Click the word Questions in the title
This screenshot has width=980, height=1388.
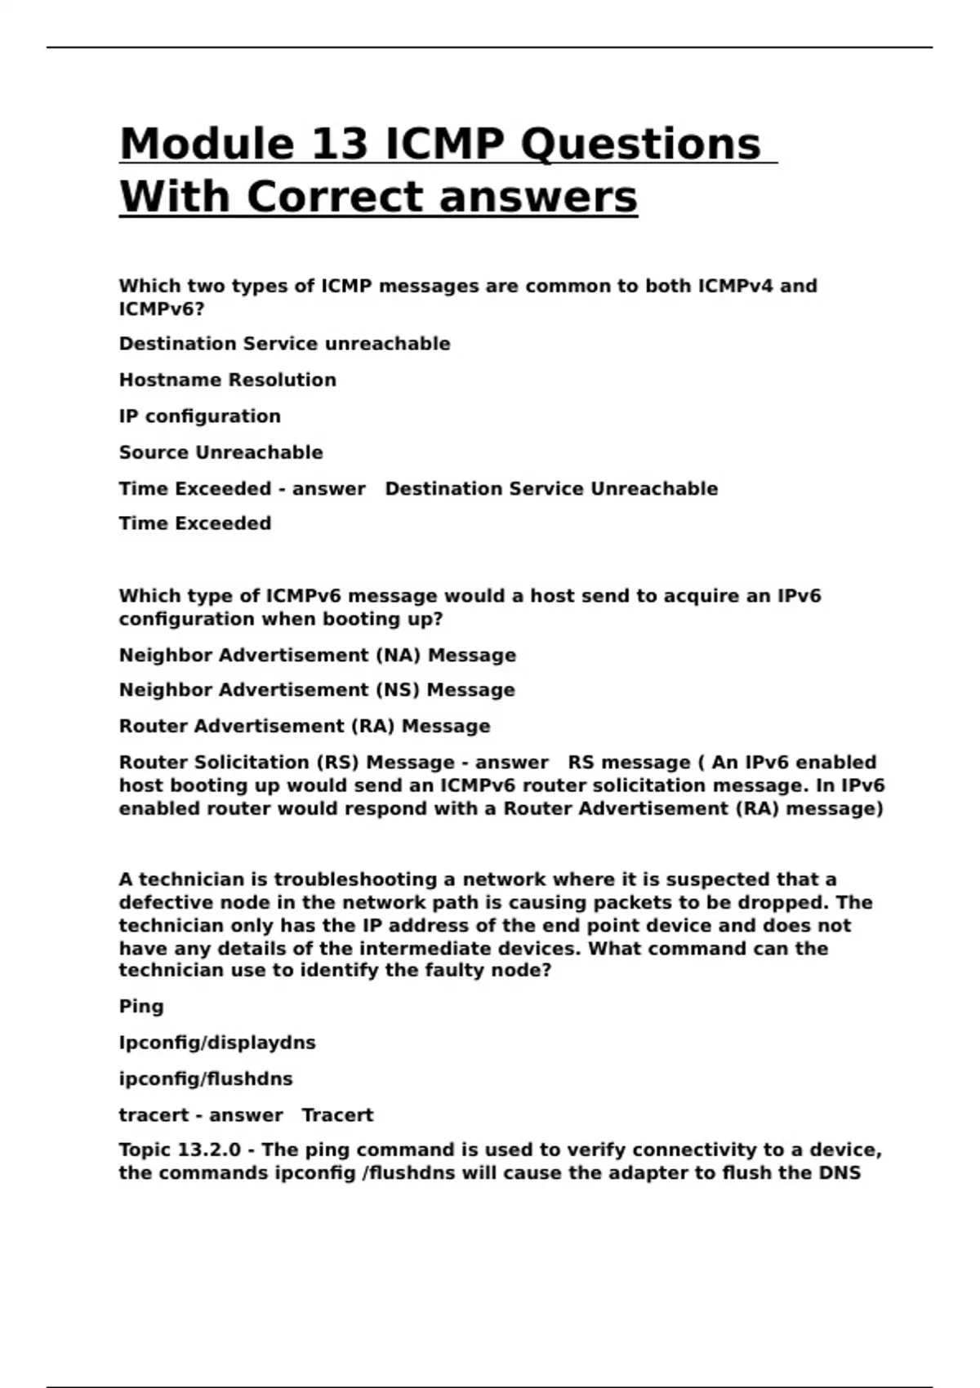tap(640, 145)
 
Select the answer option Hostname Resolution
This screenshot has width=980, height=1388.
tap(227, 380)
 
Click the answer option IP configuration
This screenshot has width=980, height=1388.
tap(199, 416)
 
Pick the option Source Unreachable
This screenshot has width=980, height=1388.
tap(220, 452)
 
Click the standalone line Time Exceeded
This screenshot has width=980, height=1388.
tap(194, 523)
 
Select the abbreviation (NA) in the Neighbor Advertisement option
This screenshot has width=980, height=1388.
tap(399, 655)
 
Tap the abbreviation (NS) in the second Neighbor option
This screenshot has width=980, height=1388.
tap(398, 690)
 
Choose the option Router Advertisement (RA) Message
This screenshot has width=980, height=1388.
tap(304, 726)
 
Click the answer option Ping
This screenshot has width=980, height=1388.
tap(140, 1006)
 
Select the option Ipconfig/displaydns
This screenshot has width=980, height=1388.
tap(216, 1043)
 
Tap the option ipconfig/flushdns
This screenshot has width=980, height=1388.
tap(205, 1079)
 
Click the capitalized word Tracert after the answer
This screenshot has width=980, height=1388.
tap(337, 1115)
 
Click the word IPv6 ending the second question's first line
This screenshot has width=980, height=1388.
tap(798, 596)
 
